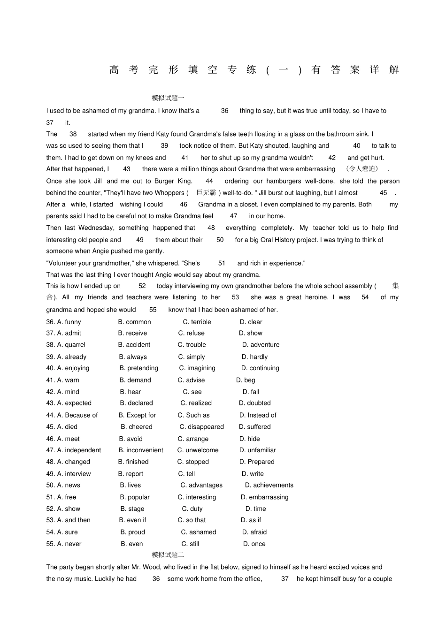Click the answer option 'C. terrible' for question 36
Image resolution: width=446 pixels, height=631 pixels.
197,322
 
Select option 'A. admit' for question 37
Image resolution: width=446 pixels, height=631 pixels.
69,333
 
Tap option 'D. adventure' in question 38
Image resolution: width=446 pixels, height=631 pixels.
261,345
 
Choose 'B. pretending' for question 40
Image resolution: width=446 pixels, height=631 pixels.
138,368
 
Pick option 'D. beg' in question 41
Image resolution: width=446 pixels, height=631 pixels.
246,380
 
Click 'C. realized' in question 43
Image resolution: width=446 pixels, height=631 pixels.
196,403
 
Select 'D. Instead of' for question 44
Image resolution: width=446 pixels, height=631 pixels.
258,415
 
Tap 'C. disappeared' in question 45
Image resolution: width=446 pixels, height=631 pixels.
201,427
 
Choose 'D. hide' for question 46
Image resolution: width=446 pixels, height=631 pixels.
249,439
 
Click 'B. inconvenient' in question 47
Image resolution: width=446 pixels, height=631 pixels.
141,450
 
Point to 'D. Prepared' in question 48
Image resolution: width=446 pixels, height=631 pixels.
257,462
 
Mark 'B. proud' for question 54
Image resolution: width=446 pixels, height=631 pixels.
132,532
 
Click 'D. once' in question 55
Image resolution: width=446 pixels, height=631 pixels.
254,544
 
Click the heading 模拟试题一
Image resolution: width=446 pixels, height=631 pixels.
168,98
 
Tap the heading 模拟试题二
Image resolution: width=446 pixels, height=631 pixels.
168,555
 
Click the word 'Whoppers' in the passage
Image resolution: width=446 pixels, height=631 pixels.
169,193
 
